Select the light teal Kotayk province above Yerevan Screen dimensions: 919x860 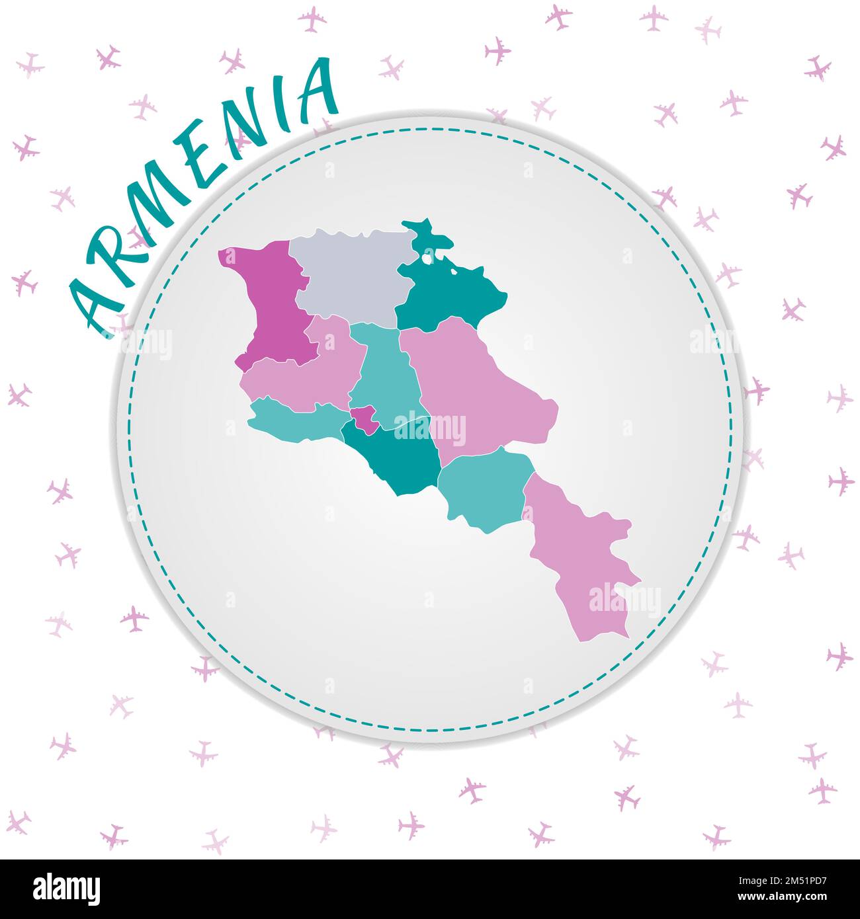[x=387, y=377]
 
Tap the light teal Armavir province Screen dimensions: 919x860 [x=291, y=420]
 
